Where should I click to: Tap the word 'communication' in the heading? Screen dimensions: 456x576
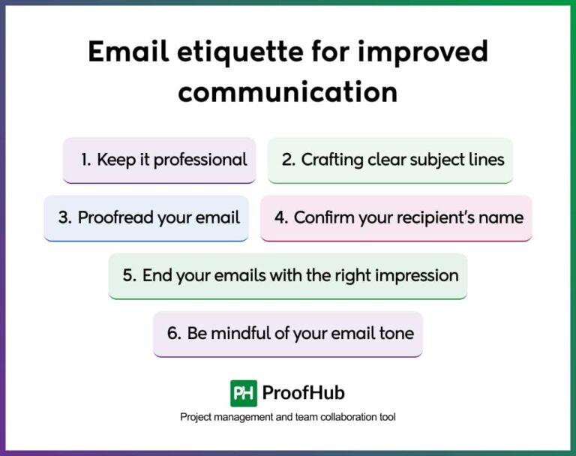click(x=288, y=91)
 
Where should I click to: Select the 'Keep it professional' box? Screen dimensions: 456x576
click(x=159, y=160)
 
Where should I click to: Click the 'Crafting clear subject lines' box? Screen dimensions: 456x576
click(x=390, y=160)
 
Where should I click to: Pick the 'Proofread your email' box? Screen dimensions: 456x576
click(x=146, y=217)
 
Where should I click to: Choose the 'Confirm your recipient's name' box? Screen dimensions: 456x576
click(x=396, y=217)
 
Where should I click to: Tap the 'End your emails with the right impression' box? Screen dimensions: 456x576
click(x=288, y=275)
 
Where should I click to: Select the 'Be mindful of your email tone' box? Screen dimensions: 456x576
click(x=288, y=333)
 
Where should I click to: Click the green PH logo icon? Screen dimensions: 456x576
click(x=243, y=393)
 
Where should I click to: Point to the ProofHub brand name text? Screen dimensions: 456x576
click(x=303, y=393)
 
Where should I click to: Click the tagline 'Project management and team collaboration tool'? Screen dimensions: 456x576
click(x=288, y=417)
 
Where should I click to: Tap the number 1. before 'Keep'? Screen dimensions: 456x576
click(x=85, y=160)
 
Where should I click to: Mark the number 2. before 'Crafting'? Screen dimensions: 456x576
click(x=289, y=160)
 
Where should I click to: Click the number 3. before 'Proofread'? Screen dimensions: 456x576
click(x=64, y=217)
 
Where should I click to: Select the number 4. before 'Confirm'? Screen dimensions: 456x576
click(x=281, y=217)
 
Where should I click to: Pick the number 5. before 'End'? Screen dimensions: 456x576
click(x=129, y=275)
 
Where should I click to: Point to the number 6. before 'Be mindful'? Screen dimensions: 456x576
click(x=174, y=333)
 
